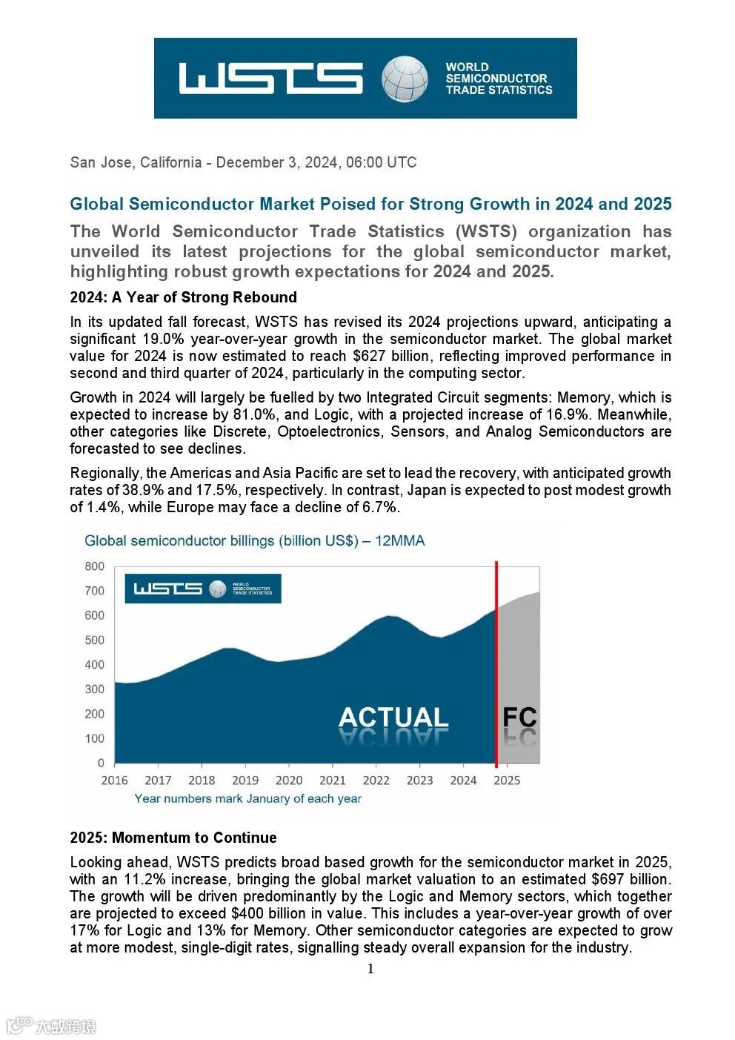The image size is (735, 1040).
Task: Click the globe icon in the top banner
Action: (405, 79)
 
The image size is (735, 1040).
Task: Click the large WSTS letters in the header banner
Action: (270, 79)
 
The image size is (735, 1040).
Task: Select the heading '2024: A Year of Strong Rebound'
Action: (183, 297)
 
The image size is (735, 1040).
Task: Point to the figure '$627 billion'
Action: (388, 356)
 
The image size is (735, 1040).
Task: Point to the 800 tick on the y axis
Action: (95, 566)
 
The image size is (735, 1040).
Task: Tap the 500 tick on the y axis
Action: (95, 640)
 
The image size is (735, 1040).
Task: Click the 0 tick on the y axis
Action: (101, 763)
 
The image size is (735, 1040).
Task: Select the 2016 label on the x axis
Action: (114, 780)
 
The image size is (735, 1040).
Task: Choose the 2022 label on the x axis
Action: (376, 780)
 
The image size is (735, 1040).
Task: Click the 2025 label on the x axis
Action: (507, 780)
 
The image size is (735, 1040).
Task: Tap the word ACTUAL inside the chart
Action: (393, 717)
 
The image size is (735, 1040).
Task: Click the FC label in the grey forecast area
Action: (519, 717)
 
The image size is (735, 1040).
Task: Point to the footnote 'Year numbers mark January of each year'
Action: (247, 798)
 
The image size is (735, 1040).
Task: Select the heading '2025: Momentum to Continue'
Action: (173, 838)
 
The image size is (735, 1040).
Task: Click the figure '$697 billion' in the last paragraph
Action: (630, 879)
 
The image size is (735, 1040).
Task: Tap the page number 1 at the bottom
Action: (370, 969)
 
